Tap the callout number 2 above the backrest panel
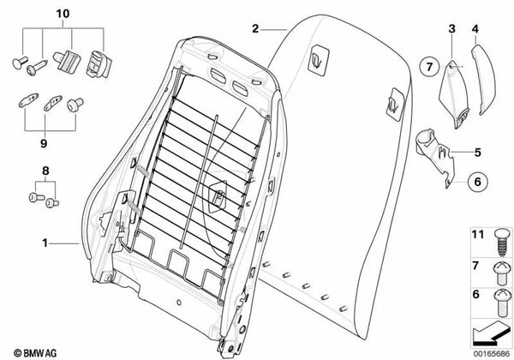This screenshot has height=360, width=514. pyautogui.click(x=255, y=29)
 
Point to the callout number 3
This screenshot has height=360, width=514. pyautogui.click(x=451, y=29)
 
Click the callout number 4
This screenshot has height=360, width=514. pyautogui.click(x=475, y=29)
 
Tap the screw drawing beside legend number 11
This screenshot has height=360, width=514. pyautogui.click(x=499, y=239)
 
